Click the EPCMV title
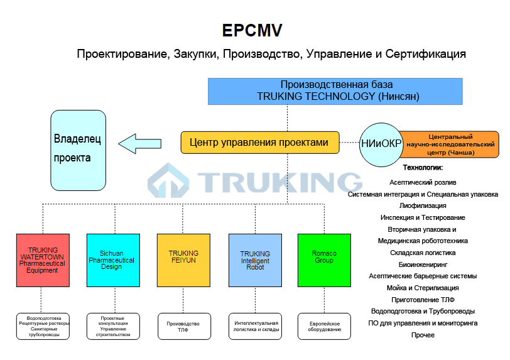252,30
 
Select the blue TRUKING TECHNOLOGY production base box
335,90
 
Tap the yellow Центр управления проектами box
259,143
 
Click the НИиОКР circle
381,144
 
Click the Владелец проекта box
77,150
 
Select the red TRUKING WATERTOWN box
43,261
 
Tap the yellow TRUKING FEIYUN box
183,261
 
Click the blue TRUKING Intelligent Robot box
255,261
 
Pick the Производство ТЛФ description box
184,326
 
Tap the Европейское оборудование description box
325,326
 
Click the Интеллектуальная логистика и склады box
255,326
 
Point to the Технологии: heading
423,168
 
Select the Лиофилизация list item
423,205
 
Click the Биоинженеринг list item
423,265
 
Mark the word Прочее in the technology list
423,335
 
